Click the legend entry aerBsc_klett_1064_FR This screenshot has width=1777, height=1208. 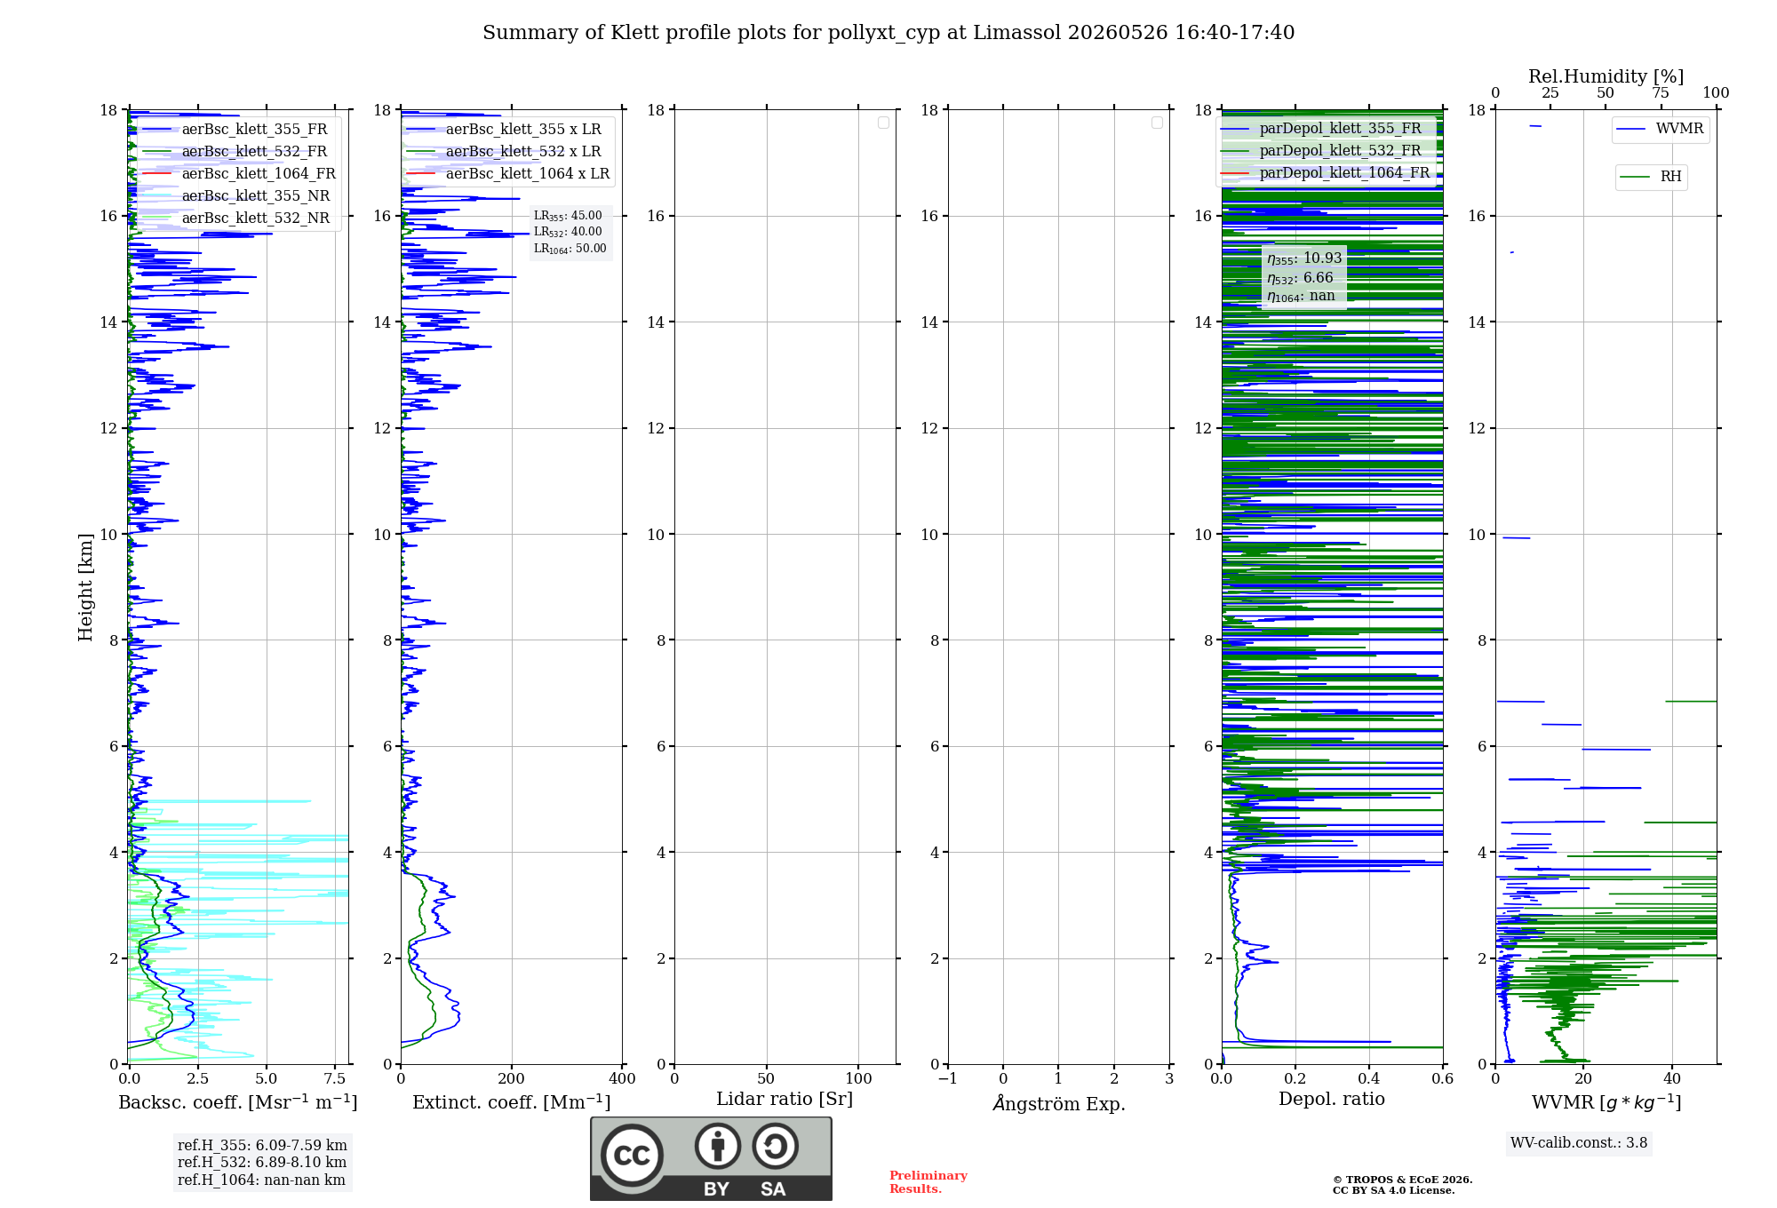(x=237, y=173)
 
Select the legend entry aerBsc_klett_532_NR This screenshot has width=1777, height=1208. (x=235, y=218)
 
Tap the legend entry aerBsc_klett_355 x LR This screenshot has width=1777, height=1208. (x=504, y=129)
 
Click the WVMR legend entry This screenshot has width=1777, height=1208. (x=1660, y=129)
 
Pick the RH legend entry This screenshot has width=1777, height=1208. (x=1651, y=177)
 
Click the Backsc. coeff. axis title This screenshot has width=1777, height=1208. (x=238, y=1101)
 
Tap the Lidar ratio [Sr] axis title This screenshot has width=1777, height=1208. (x=785, y=1100)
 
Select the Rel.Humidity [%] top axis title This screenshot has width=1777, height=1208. (x=1606, y=76)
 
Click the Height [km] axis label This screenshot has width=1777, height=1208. (x=85, y=587)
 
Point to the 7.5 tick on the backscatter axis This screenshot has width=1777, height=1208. (x=335, y=1078)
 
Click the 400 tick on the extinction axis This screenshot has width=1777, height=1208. (x=622, y=1078)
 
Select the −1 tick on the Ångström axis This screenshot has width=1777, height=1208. (x=948, y=1078)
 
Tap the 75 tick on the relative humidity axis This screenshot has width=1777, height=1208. (x=1661, y=92)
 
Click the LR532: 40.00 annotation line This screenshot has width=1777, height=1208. (x=568, y=232)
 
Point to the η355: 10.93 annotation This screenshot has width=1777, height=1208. (x=1304, y=258)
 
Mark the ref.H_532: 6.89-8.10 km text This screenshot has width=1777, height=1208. (x=262, y=1162)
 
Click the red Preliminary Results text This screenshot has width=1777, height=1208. (x=928, y=1182)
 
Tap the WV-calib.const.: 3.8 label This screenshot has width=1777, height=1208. (x=1579, y=1142)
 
